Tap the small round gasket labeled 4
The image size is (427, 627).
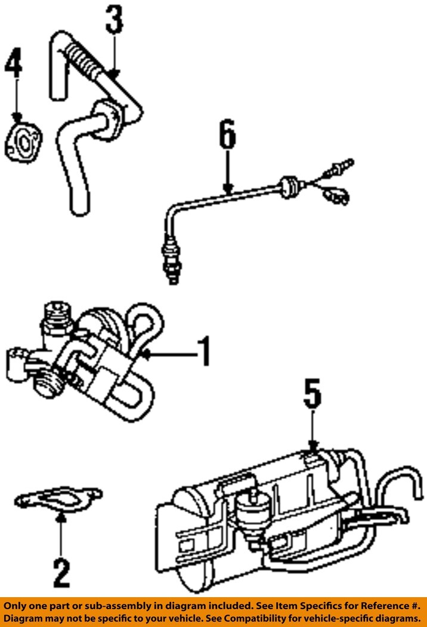tap(23, 144)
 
